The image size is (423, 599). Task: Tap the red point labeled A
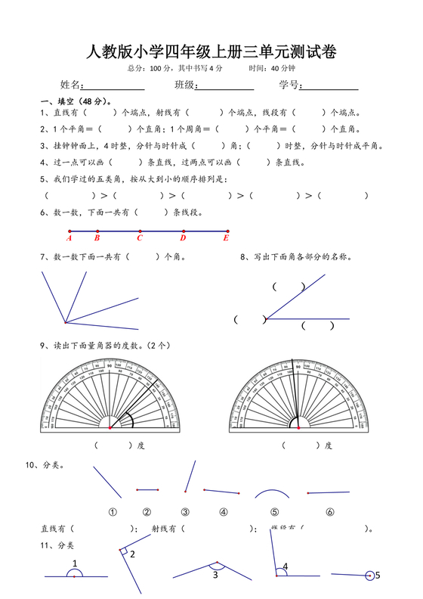pos(69,231)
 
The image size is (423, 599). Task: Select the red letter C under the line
pos(140,238)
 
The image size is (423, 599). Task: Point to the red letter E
pos(226,238)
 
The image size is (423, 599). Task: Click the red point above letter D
pos(184,231)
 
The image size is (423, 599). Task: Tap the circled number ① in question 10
pos(113,511)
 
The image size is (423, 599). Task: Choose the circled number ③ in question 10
pos(185,511)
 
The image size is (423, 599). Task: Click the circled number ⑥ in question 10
pos(330,511)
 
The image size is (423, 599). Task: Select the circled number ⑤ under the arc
pos(274,511)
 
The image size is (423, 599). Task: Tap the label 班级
pos(184,84)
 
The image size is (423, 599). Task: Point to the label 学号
pos(289,84)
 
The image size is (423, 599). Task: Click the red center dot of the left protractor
pos(110,428)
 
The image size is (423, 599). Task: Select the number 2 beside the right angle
pos(132,554)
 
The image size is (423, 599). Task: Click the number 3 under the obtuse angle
pos(215,576)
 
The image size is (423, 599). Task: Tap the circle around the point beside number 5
pos(370,576)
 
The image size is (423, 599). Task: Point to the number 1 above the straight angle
pos(75,563)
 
